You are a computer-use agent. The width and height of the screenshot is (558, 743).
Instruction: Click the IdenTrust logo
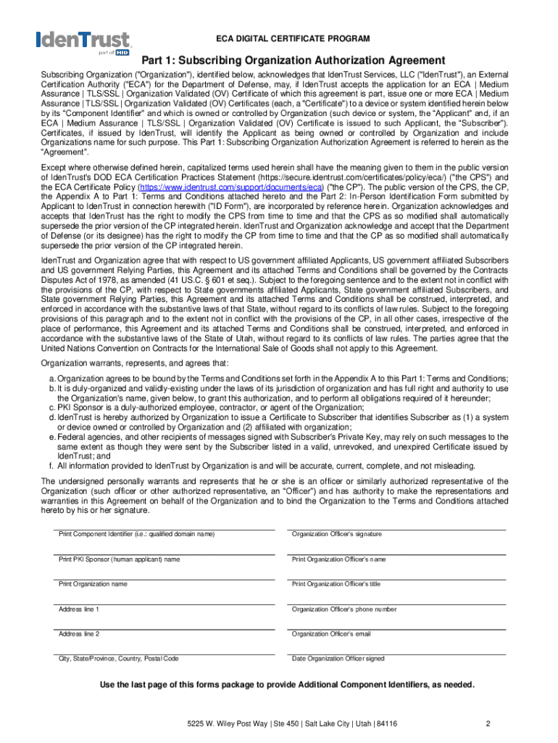click(83, 42)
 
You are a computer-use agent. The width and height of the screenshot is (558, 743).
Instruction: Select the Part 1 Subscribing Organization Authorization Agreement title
click(293, 60)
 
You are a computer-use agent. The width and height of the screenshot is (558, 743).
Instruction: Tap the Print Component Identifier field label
click(137, 535)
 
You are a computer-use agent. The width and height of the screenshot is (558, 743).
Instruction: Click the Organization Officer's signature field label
click(336, 535)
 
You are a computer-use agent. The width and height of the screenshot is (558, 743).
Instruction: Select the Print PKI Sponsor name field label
click(120, 559)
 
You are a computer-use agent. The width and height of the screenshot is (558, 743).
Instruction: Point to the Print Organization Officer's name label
click(338, 559)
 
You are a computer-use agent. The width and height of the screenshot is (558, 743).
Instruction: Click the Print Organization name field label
click(93, 584)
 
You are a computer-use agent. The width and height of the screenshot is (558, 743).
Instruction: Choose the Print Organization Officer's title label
click(336, 584)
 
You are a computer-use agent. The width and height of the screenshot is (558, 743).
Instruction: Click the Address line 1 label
click(79, 609)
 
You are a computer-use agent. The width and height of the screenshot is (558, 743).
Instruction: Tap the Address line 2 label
click(79, 634)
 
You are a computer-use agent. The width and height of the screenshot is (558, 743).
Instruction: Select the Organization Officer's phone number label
click(344, 609)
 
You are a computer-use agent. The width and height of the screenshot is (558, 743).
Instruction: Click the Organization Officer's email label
click(331, 634)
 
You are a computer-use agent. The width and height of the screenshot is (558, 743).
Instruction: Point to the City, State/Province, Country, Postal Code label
click(119, 659)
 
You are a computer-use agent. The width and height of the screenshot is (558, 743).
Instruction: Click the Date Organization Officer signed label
click(338, 659)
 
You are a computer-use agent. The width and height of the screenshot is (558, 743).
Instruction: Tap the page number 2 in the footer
click(488, 723)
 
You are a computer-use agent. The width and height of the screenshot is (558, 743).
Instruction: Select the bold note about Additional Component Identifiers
click(287, 685)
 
